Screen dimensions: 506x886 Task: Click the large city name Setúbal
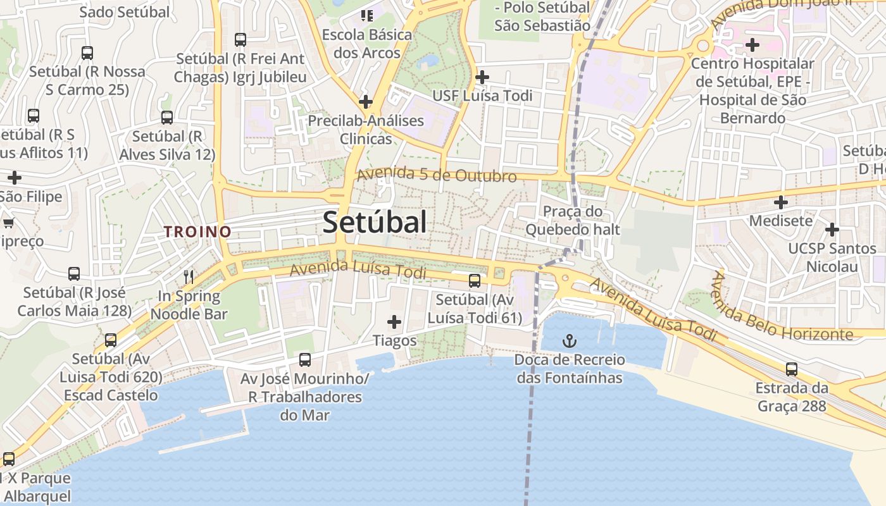[375, 222]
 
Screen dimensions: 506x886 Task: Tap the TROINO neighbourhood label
[198, 231]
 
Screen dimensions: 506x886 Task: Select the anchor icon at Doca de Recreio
[570, 342]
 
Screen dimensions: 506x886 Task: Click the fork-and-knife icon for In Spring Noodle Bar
[188, 276]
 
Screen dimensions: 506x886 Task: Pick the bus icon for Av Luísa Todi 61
[475, 281]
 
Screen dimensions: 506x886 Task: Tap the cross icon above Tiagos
[394, 323]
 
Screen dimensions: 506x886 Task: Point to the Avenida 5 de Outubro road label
[437, 175]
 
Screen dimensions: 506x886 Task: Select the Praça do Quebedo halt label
[572, 220]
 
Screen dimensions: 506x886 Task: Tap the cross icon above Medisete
[781, 202]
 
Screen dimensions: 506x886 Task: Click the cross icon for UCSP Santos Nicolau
[832, 229]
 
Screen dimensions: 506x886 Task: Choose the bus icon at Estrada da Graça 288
[791, 369]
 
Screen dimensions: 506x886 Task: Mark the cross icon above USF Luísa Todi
[482, 77]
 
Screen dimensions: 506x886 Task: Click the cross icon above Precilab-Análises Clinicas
[365, 101]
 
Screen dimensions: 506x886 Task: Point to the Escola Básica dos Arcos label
[366, 44]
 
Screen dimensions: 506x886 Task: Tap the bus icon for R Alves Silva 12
[167, 118]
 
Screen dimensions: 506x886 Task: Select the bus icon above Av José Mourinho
[305, 360]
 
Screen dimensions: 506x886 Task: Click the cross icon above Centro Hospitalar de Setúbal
[752, 45]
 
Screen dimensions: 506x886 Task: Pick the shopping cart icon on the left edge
[8, 223]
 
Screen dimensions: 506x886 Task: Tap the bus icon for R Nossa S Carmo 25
[87, 53]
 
